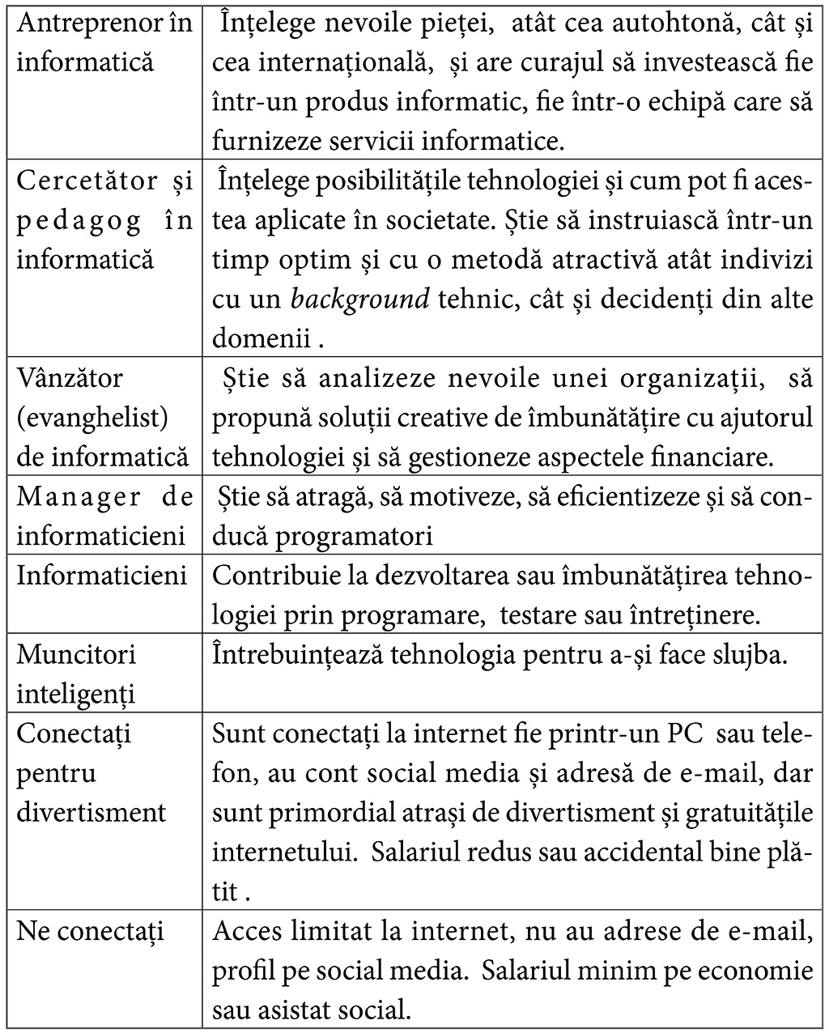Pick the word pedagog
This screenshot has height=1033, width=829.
pyautogui.click(x=80, y=221)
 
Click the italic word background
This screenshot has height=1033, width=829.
pyautogui.click(x=360, y=300)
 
